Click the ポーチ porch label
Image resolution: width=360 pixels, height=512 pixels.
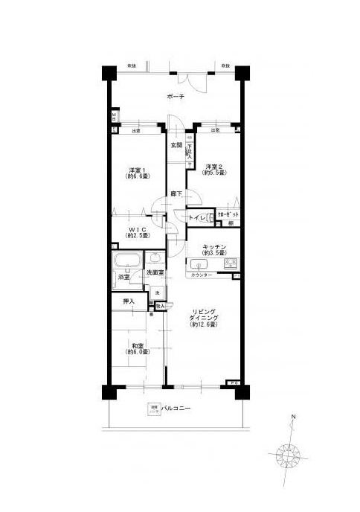coord(176,97)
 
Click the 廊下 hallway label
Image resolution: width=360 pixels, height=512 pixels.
coord(175,194)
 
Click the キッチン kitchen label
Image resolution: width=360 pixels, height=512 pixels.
coord(213,246)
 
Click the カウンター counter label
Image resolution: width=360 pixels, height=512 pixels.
coord(201,275)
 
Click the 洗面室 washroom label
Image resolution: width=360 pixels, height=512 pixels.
coord(155,274)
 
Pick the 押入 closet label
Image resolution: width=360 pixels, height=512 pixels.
coord(128,301)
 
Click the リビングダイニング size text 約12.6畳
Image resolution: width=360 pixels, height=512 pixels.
coord(202,325)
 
